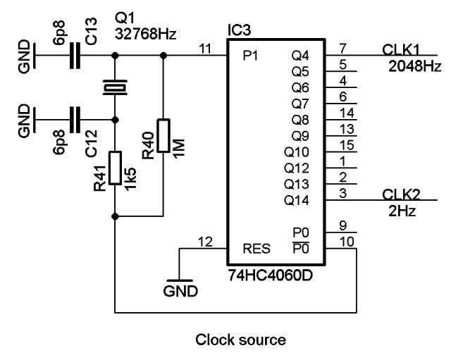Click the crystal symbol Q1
pyautogui.click(x=114, y=87)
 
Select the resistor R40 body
pyautogui.click(x=163, y=135)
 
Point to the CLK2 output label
pyautogui.click(x=400, y=194)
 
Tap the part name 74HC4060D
pyautogui.click(x=269, y=274)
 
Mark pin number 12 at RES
pyautogui.click(x=205, y=242)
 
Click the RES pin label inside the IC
pyautogui.click(x=256, y=248)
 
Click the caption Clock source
pyautogui.click(x=240, y=340)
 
